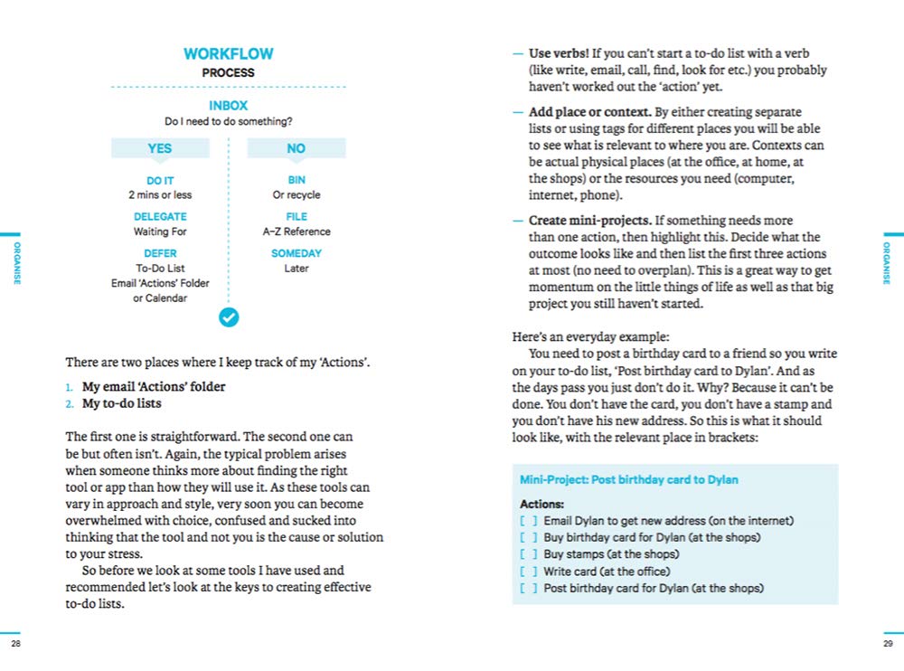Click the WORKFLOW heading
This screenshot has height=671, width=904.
pyautogui.click(x=228, y=54)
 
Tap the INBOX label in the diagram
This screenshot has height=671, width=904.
pyautogui.click(x=228, y=106)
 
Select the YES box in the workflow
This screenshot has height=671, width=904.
pyautogui.click(x=159, y=148)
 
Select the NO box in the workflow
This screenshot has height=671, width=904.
pyautogui.click(x=297, y=148)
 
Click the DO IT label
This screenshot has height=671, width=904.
pyautogui.click(x=159, y=181)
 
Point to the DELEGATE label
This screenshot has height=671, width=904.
pyautogui.click(x=160, y=217)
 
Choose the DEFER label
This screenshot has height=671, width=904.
pyautogui.click(x=160, y=254)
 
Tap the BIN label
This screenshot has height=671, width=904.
pyautogui.click(x=297, y=181)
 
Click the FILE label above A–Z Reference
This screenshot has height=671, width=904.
pyautogui.click(x=297, y=217)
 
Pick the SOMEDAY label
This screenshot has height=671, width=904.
pyautogui.click(x=297, y=254)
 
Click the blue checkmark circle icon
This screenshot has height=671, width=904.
pyautogui.click(x=229, y=317)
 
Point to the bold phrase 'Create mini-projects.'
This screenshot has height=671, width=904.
pyautogui.click(x=589, y=221)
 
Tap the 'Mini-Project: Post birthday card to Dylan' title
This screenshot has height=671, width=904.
pyautogui.click(x=628, y=479)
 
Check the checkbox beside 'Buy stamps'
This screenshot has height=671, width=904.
pyautogui.click(x=529, y=554)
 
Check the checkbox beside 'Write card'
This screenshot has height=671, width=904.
pyautogui.click(x=529, y=572)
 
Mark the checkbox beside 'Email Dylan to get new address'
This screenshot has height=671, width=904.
pyautogui.click(x=529, y=521)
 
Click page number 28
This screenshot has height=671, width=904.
pyautogui.click(x=15, y=643)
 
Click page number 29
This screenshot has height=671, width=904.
pyautogui.click(x=887, y=643)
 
